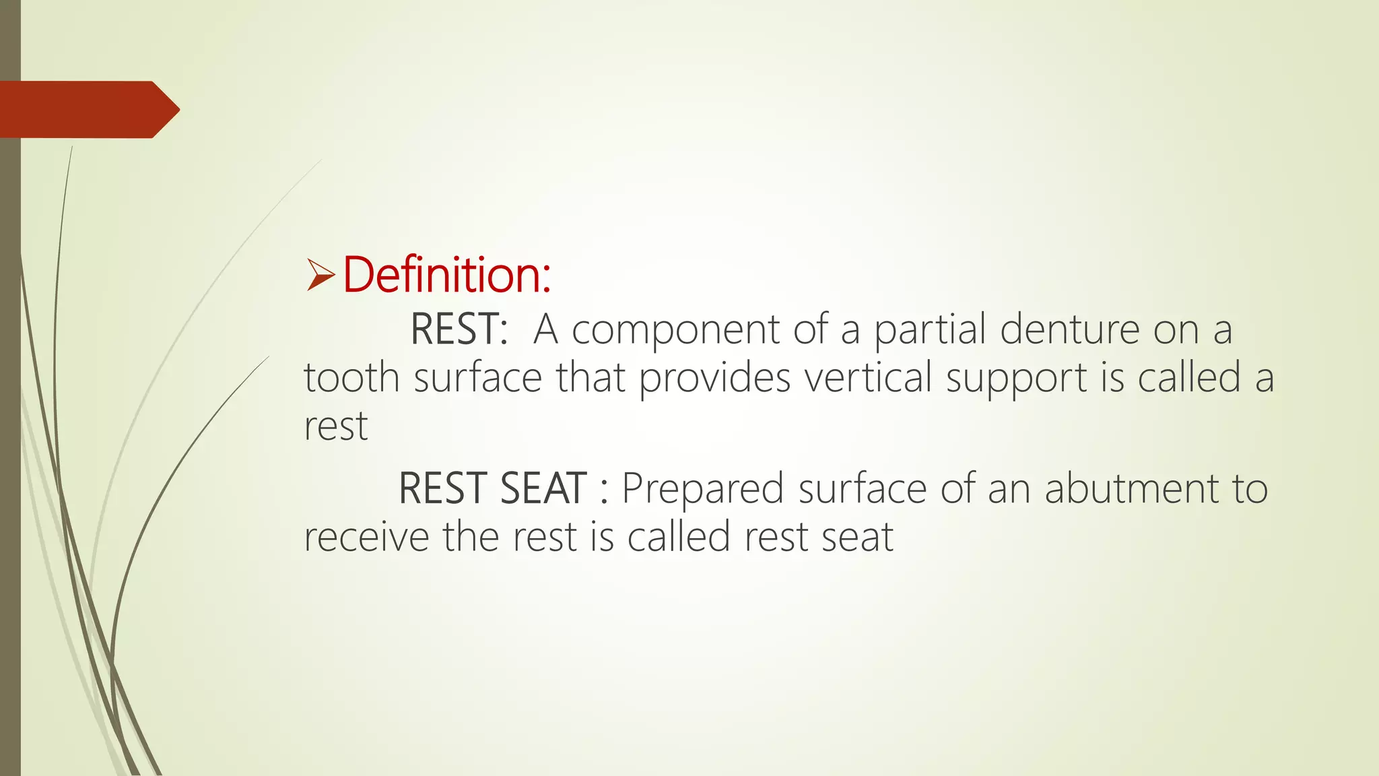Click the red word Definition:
(x=446, y=276)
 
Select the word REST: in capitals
(x=459, y=329)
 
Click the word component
(x=675, y=331)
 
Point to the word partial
(x=930, y=331)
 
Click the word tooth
(x=351, y=377)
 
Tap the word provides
(x=714, y=379)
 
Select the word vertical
(x=868, y=377)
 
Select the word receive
(x=366, y=538)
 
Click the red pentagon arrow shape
(x=88, y=110)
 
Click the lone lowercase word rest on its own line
(x=336, y=427)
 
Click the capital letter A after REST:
(x=545, y=329)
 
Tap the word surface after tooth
(x=477, y=377)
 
